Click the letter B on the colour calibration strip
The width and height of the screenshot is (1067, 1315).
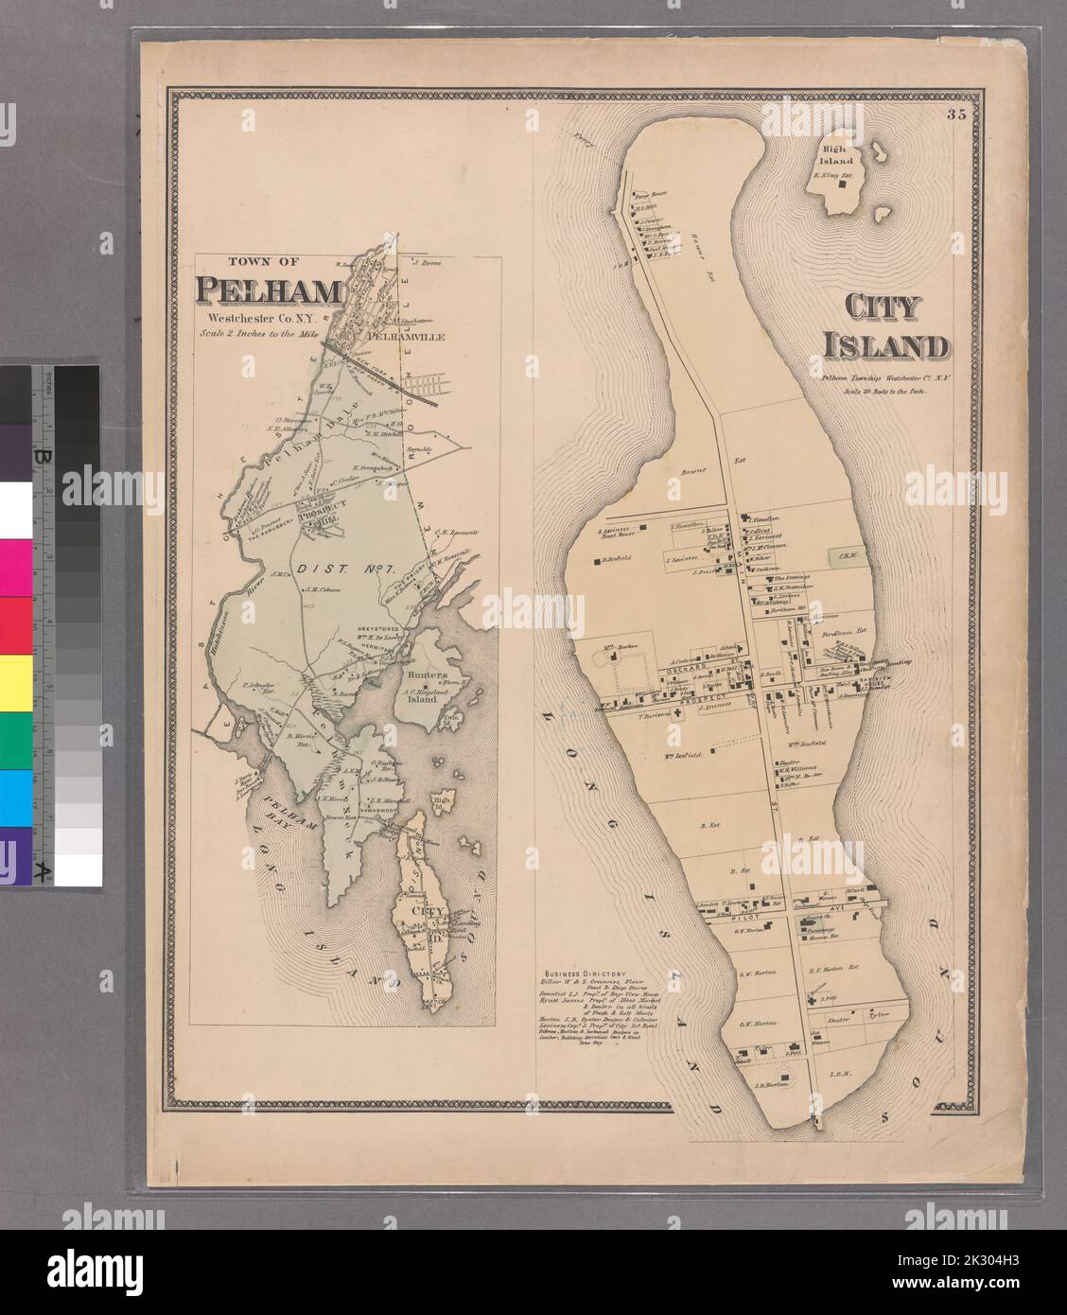pos(42,458)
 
